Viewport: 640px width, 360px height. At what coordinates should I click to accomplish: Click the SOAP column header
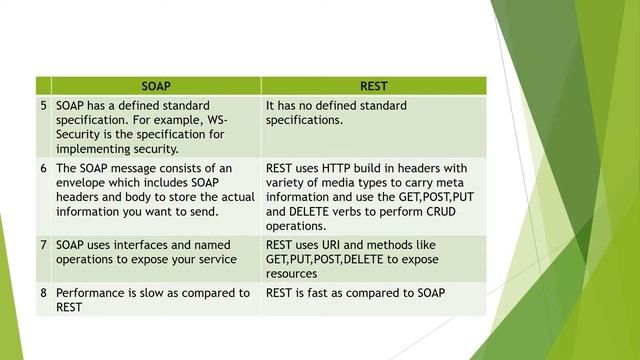(x=156, y=86)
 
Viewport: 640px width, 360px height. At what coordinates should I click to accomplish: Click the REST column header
(x=373, y=86)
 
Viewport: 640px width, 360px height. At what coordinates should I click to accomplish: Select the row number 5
(x=43, y=105)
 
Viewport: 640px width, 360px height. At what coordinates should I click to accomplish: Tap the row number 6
(x=43, y=168)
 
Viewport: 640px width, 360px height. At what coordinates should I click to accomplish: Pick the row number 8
(x=43, y=293)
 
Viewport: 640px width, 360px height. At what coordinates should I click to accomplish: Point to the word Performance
(x=93, y=293)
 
